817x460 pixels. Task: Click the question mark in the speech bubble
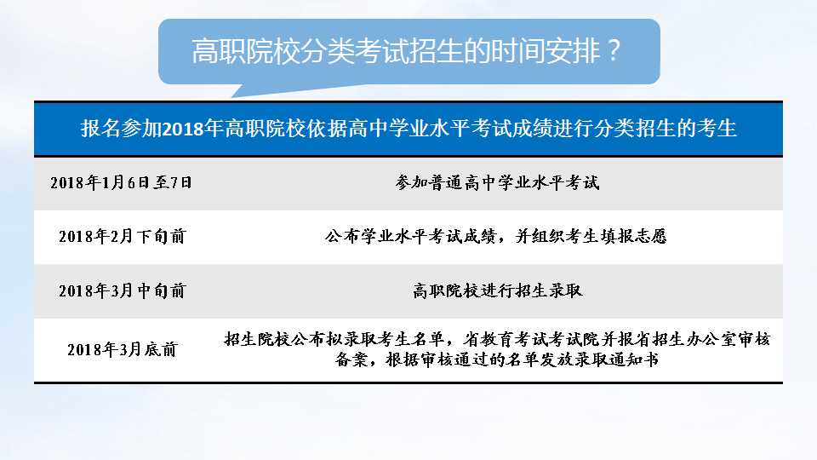611,51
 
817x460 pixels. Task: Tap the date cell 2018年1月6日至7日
121,182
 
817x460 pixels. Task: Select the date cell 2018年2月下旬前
121,236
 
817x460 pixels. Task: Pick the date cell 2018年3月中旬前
121,290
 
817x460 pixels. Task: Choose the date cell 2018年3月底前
121,349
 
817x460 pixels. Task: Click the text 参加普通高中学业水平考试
497,182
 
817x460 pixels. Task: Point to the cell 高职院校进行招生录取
497,290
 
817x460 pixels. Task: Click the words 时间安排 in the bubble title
541,51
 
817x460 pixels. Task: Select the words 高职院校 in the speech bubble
229,51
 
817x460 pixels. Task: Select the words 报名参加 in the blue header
110,129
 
